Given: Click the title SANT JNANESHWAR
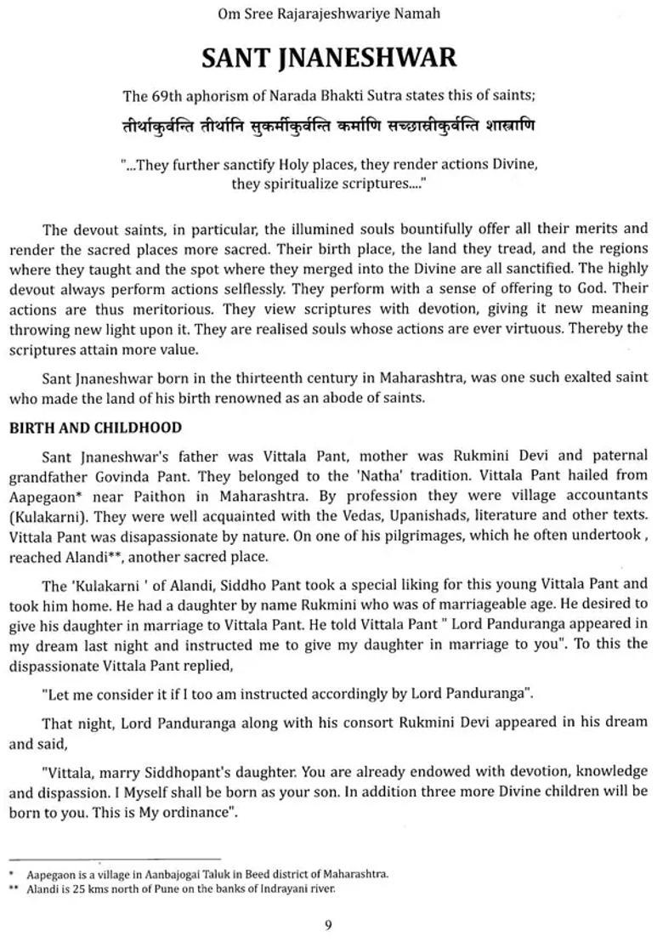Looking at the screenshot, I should [x=329, y=57].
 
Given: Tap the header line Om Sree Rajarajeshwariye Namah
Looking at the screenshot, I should [x=330, y=14].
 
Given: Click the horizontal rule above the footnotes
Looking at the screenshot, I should [x=114, y=860].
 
